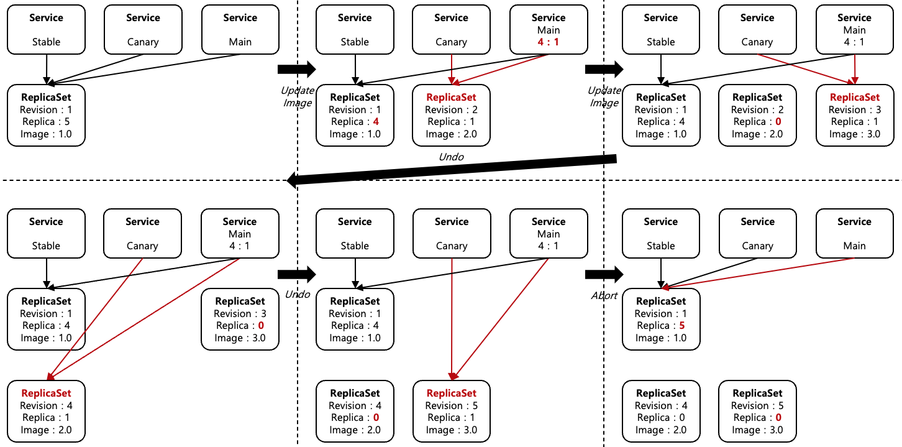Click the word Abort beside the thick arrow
[604, 295]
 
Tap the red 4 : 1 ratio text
[549, 42]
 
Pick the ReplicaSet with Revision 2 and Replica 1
[452, 116]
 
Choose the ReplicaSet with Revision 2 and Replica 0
[757, 116]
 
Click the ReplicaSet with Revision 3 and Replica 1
[855, 116]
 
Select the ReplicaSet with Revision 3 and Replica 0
[240, 320]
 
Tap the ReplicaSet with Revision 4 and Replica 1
[46, 411]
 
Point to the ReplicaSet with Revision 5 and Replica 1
[452, 411]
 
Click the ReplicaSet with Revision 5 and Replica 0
[757, 411]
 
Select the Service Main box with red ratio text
[549, 29]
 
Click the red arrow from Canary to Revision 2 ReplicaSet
[452, 68]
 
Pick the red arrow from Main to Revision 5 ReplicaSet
[503, 317]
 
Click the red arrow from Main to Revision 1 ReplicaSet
[758, 273]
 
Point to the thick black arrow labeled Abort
[604, 274]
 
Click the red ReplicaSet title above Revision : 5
[452, 393]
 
